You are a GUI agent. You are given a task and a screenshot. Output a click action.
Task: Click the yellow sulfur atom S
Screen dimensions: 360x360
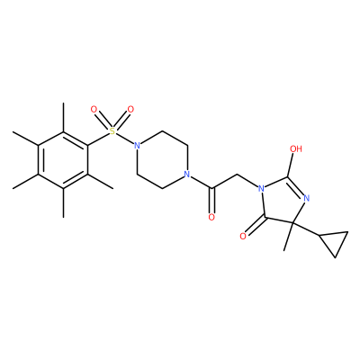[112, 130]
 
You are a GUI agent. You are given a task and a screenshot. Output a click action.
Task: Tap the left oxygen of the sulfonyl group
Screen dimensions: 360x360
[94, 110]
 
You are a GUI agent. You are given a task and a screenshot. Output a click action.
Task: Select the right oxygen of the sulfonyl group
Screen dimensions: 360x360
[130, 110]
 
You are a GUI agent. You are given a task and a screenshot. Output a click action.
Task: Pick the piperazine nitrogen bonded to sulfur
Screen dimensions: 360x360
[137, 146]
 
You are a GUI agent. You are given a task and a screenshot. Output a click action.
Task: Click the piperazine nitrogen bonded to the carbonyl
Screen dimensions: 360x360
[186, 175]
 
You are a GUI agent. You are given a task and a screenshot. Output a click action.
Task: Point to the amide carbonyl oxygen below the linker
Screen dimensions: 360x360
[211, 217]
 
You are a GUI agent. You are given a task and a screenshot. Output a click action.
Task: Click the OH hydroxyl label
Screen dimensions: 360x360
[296, 148]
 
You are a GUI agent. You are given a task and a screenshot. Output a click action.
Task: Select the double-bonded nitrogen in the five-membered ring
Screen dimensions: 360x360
[306, 198]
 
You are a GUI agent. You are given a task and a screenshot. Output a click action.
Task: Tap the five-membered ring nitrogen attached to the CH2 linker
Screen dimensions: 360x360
[261, 189]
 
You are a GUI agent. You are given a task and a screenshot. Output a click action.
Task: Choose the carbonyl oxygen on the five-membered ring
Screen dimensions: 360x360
[243, 237]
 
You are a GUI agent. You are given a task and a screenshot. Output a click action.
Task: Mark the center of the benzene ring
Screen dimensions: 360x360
[63, 160]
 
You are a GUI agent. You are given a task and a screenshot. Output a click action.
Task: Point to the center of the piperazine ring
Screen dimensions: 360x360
[162, 160]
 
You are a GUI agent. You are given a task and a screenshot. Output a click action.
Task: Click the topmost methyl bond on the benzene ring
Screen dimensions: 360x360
[63, 117]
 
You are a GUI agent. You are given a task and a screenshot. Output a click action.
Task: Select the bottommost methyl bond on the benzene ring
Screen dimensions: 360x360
[63, 202]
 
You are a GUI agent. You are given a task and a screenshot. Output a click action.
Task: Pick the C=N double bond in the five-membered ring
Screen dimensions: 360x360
[296, 187]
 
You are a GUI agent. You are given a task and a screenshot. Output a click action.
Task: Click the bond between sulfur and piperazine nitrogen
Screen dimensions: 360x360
[125, 139]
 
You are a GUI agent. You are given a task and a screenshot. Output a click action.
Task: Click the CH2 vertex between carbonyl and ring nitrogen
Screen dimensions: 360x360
[237, 175]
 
